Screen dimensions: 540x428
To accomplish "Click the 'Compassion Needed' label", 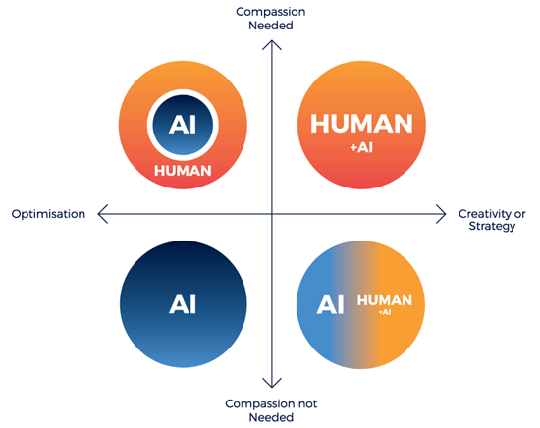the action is pos(271,19).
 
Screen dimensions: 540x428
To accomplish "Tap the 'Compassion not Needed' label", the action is pos(271,410).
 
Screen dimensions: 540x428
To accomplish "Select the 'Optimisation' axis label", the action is pos(48,214).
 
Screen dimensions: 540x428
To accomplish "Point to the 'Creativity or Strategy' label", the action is pos(492,220).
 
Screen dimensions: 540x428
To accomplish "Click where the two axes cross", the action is pos(272,214).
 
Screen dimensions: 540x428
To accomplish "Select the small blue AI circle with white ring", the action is pos(183,125).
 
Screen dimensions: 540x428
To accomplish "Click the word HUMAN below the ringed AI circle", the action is pos(183,171).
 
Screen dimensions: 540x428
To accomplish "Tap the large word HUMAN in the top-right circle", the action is pos(361,124).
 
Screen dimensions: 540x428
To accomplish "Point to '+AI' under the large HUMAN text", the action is pos(361,147).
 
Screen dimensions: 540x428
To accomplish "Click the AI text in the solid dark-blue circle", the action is pos(183,304).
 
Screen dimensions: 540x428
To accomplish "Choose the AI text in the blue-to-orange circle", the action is pos(330,304).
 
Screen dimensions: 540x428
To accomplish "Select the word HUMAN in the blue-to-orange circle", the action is pos(385,300).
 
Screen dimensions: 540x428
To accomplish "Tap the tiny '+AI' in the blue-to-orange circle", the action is pos(385,312).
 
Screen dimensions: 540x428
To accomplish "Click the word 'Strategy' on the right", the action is pos(492,227).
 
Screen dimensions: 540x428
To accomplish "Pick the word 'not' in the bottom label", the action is pos(308,403).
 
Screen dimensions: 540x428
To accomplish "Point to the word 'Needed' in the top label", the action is pos(271,26).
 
